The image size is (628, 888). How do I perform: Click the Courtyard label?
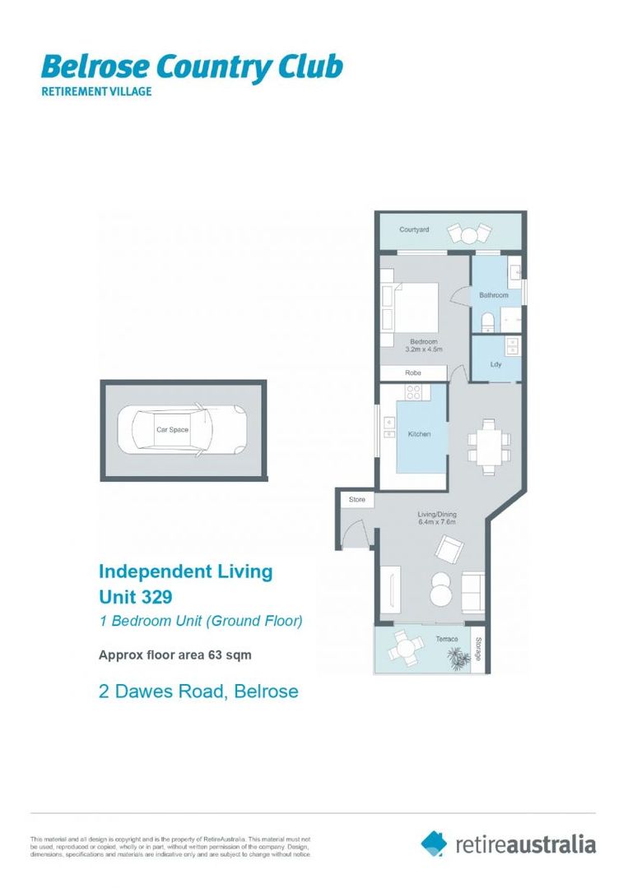click(414, 230)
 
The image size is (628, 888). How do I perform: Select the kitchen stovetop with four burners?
click(413, 392)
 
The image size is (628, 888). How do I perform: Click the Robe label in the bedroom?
click(413, 372)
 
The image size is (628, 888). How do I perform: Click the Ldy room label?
click(495, 363)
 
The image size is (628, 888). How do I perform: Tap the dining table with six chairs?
click(488, 447)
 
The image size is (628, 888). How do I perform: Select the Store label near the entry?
click(356, 500)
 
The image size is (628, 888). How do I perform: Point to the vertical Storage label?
click(477, 650)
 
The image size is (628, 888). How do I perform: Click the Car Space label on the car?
click(173, 429)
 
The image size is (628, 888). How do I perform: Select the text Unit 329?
click(135, 596)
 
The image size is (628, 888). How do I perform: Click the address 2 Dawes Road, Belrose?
click(198, 691)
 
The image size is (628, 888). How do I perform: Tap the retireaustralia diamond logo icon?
click(435, 843)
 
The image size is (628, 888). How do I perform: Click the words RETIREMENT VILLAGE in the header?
click(96, 91)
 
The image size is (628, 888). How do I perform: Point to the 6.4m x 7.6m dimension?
click(437, 523)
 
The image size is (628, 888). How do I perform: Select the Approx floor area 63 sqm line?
click(174, 655)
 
